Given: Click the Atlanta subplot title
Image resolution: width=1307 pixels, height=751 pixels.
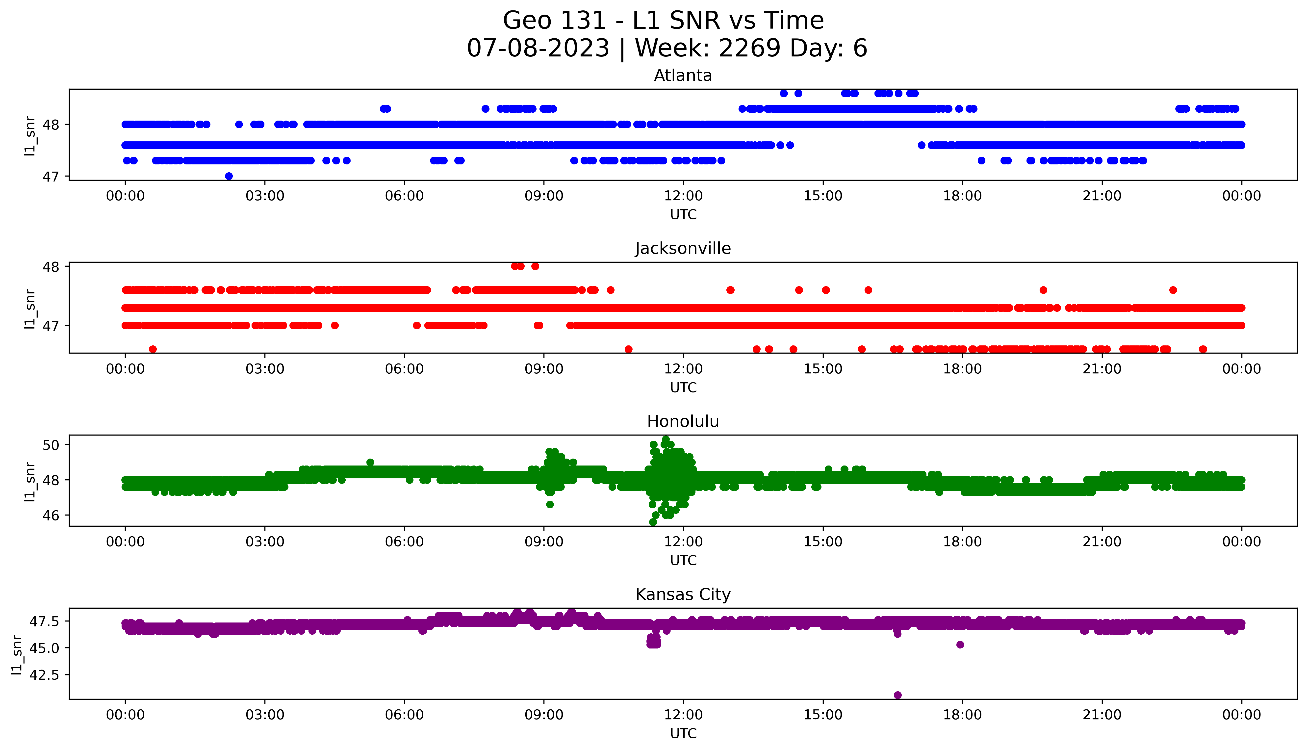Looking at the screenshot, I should (683, 76).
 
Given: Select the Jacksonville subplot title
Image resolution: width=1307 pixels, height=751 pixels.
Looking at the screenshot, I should (683, 249).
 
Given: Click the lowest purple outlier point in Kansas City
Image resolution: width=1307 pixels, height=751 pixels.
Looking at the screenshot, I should (898, 695).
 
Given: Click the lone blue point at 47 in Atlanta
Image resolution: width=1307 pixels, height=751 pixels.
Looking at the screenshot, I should (229, 176).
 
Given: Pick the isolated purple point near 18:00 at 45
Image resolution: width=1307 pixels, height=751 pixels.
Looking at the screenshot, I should (960, 644).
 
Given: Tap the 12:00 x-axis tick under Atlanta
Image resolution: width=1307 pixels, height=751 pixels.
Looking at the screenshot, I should (683, 196).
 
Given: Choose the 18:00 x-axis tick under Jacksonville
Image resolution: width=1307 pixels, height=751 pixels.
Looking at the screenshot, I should (962, 369).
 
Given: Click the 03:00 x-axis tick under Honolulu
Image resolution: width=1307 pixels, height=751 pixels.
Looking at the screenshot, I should (265, 542).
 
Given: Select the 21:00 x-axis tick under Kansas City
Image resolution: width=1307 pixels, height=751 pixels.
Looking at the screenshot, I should (1102, 715).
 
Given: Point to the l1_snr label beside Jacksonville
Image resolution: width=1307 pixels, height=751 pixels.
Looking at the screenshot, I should (30, 309).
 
